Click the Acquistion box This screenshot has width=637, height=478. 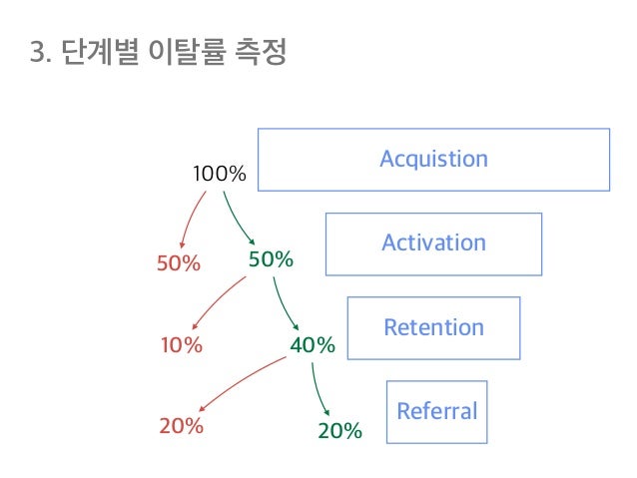(433, 159)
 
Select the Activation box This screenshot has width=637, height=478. (433, 242)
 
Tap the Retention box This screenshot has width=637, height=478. (433, 327)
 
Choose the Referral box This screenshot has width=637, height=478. (436, 411)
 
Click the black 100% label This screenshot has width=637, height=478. (219, 175)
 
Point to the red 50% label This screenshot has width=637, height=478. (180, 263)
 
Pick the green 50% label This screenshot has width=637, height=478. (271, 259)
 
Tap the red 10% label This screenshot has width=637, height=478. (182, 346)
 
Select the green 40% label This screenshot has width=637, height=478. (312, 345)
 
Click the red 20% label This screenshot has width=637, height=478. (182, 426)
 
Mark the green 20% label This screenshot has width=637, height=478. (339, 431)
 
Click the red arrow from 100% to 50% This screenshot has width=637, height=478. (192, 220)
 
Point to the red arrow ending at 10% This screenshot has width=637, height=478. (217, 301)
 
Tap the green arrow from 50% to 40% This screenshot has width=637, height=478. (286, 301)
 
